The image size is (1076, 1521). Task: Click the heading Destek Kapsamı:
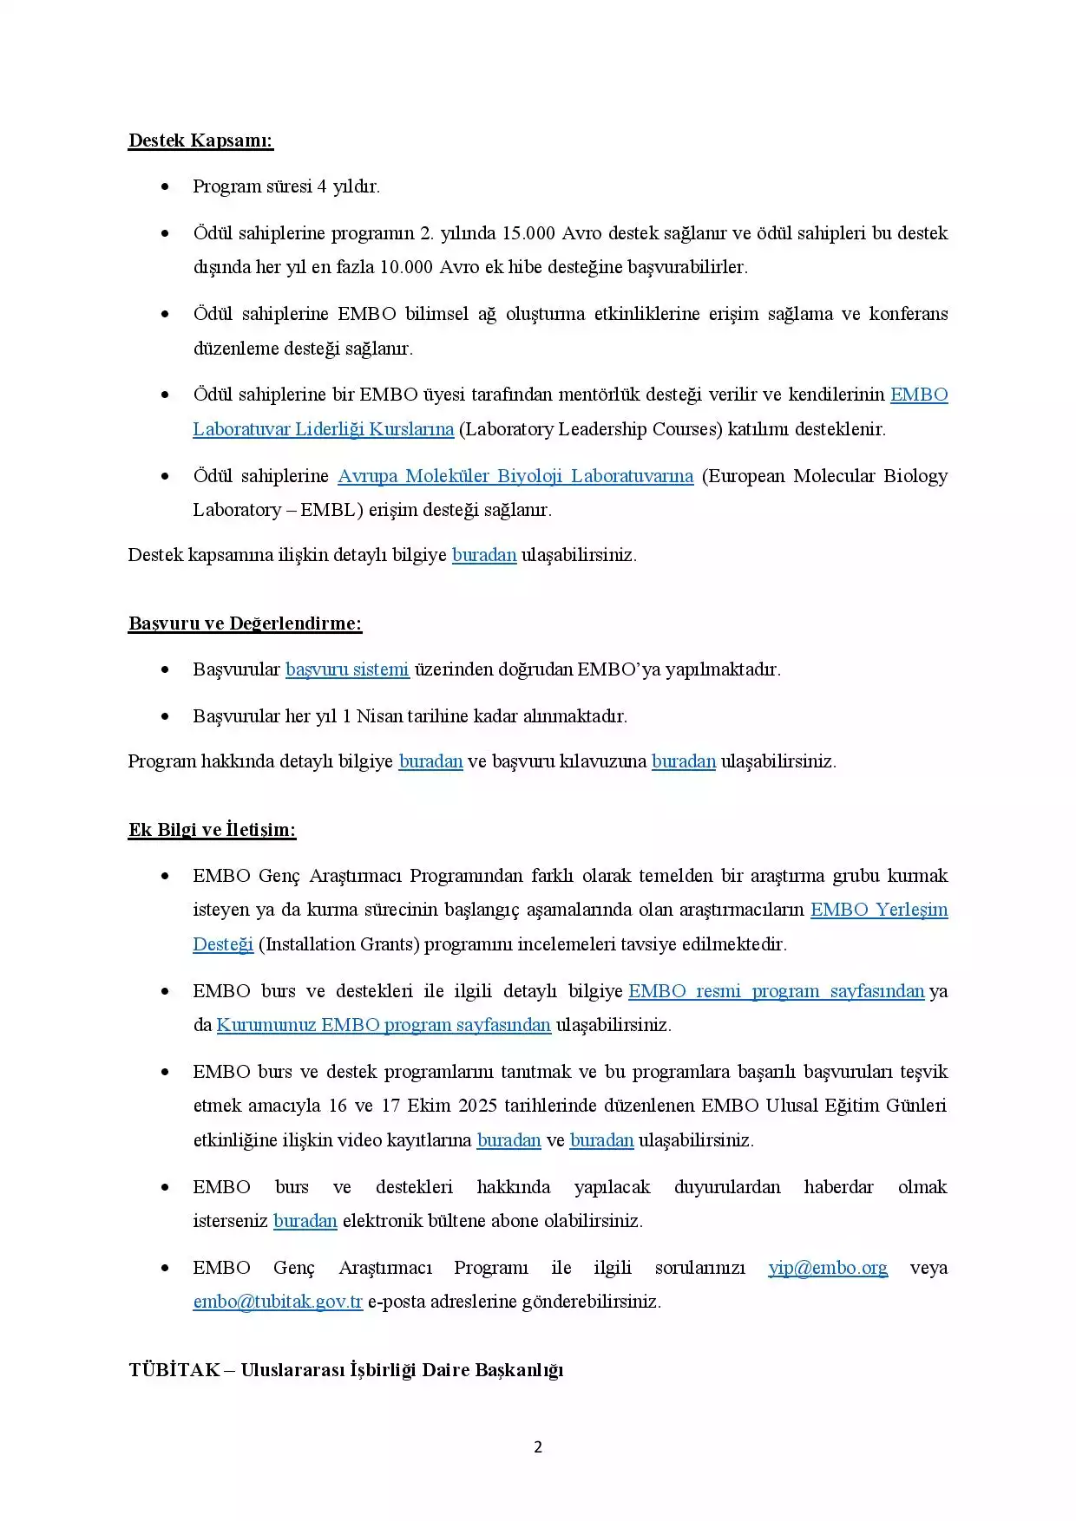(200, 140)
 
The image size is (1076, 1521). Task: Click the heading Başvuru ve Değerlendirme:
(245, 623)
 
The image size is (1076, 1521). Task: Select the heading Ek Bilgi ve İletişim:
(212, 830)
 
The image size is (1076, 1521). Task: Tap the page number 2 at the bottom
(538, 1446)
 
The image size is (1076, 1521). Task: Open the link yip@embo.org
(828, 1268)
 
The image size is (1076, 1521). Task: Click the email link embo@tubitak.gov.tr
(278, 1302)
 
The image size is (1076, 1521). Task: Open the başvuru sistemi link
(347, 669)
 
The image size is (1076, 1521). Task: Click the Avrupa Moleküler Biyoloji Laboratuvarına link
(515, 476)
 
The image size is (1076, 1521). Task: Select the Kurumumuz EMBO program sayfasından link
(384, 1025)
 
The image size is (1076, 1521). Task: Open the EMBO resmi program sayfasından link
(776, 991)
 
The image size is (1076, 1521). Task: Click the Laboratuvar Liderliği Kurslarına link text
(323, 429)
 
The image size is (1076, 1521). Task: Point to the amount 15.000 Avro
(553, 233)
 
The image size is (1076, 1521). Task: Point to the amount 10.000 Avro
(430, 267)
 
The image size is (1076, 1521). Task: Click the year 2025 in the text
(477, 1106)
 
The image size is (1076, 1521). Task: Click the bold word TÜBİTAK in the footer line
(174, 1370)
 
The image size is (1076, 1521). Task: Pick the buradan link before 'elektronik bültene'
(305, 1221)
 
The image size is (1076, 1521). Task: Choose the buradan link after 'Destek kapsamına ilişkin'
(484, 555)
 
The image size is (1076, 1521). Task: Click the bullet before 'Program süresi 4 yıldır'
(165, 186)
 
